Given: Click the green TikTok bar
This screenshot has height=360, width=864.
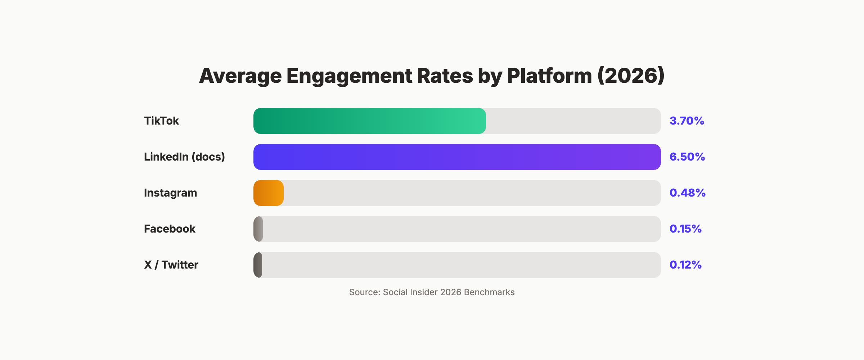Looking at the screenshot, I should [x=369, y=121].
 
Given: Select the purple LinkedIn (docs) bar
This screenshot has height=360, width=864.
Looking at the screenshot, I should [x=457, y=157].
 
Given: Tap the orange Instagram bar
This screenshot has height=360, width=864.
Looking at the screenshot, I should [x=269, y=193].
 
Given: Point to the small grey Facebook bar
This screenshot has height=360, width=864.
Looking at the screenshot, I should [x=258, y=229].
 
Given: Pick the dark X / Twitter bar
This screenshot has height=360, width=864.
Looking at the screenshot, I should [x=258, y=265].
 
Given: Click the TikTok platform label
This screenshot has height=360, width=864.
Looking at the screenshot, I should [x=161, y=121].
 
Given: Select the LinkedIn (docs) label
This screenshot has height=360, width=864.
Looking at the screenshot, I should [x=184, y=157].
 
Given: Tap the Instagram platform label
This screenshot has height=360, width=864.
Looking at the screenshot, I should [x=170, y=193].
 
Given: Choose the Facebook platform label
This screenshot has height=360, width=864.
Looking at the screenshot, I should [x=170, y=229].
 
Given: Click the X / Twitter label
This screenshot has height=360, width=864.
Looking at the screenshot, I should [x=171, y=265].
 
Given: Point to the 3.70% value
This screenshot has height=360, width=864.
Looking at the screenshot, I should [x=687, y=121].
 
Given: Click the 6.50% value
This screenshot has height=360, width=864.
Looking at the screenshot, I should [x=687, y=157].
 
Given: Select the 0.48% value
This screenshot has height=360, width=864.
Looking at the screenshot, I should [x=687, y=193].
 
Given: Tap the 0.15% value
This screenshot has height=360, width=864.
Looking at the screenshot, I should [x=685, y=229].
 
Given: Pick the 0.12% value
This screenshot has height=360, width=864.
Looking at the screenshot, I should [x=685, y=265].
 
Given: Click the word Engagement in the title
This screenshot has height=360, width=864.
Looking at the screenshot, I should [x=349, y=76].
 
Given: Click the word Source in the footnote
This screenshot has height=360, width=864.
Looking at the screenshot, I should [x=364, y=292].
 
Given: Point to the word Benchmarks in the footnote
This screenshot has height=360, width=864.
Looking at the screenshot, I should [x=489, y=292].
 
